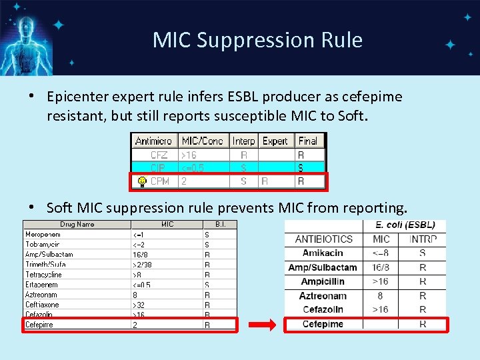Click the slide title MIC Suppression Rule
pos(257,40)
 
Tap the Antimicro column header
pos(153,141)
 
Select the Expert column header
pos(275,141)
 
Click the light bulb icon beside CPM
pos(142,181)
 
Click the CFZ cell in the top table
pos(159,155)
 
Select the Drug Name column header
pos(77,225)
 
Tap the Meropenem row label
pos(43,234)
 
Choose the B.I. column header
pos(220,225)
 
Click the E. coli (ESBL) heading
pos(405,225)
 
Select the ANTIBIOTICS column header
pos(324,239)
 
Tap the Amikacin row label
pos(323,253)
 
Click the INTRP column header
pos(423,239)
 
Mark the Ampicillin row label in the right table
pos(323,281)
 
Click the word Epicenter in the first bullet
pos(79,97)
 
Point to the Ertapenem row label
pos(42,285)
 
